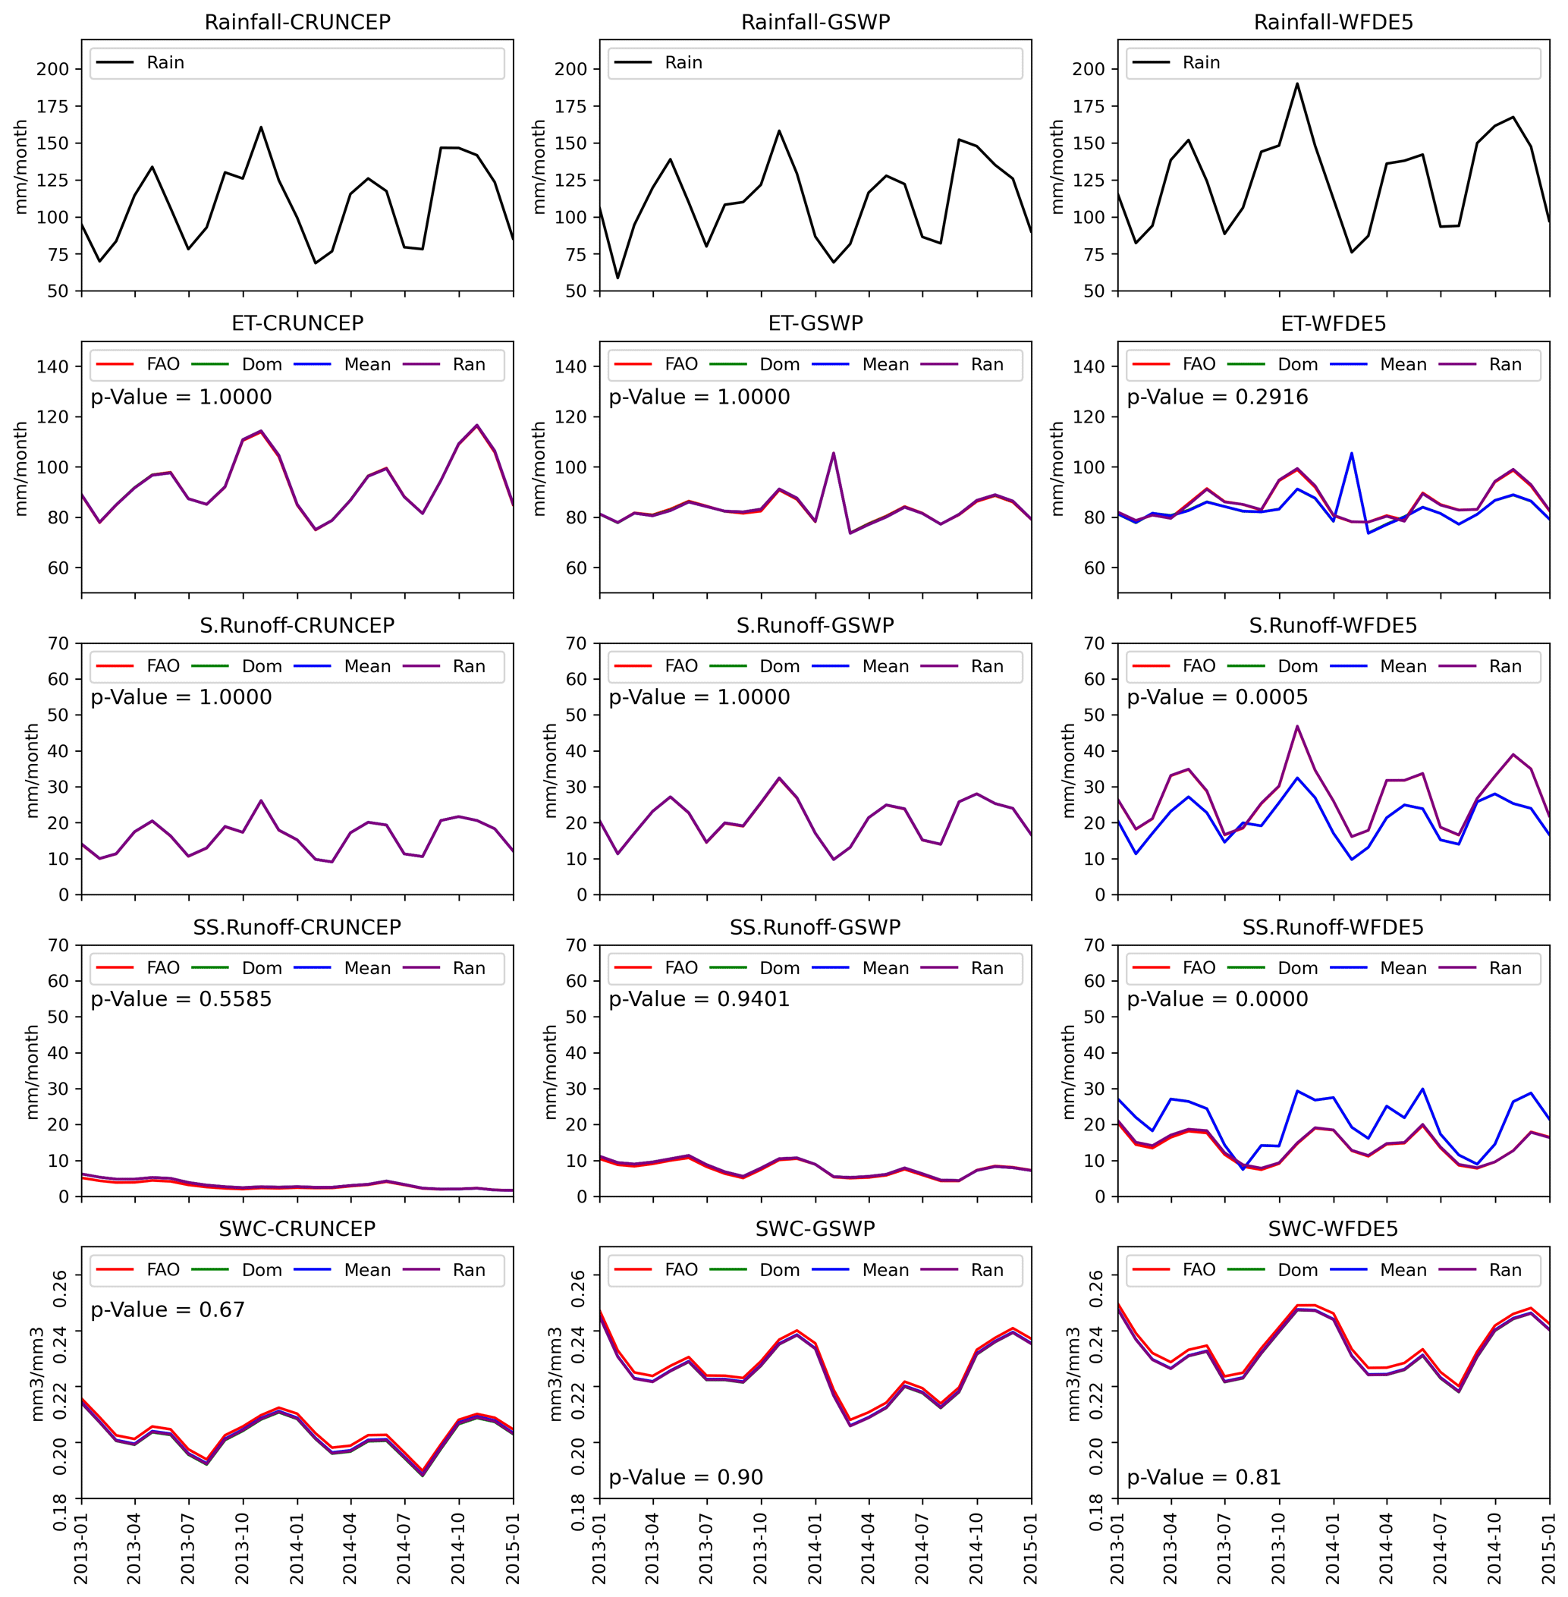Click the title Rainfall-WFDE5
1333,22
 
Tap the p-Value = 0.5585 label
181,999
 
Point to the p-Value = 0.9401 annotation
699,999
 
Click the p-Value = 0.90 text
685,1477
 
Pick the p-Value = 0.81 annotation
1203,1477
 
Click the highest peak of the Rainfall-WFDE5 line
1297,83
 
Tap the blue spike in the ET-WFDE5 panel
1351,453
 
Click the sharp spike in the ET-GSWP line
834,453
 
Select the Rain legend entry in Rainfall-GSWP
683,63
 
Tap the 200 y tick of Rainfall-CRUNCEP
52,69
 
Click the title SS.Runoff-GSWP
815,927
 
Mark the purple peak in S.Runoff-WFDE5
1297,727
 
